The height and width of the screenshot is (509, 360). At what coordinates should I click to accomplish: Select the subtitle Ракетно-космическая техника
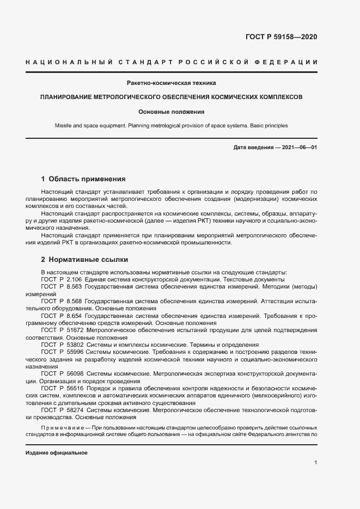(171, 83)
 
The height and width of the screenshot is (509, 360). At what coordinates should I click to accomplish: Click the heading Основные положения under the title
(171, 112)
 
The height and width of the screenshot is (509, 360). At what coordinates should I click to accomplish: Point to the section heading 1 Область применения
(83, 179)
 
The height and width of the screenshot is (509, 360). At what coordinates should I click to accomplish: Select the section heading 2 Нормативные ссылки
(85, 259)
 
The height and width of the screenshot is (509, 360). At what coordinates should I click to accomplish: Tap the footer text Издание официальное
(56, 453)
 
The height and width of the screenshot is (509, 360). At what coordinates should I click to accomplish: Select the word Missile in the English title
(64, 126)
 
